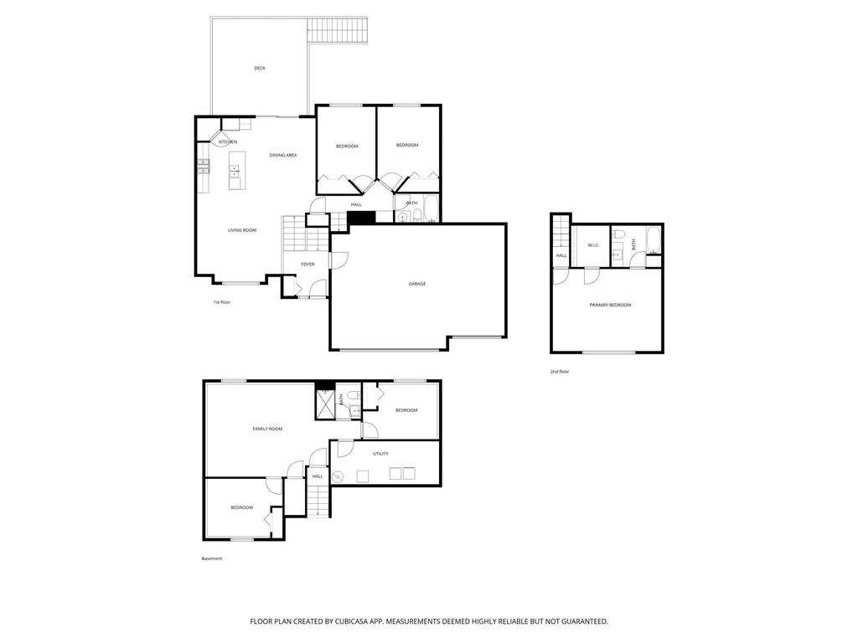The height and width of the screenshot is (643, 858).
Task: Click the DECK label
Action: coord(260,68)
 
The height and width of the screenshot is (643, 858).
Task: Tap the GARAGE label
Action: coord(417,284)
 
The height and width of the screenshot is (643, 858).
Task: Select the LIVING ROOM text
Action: coord(242,230)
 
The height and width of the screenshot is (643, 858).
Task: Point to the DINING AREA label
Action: coord(283,155)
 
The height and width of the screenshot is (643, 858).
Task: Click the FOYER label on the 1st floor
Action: coord(308,265)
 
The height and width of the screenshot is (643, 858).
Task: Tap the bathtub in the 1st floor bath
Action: coord(431,208)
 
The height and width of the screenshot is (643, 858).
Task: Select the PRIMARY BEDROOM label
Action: coord(610,305)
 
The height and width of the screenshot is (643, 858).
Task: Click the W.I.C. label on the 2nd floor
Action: coord(593,245)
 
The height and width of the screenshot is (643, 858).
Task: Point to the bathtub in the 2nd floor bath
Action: coord(654,241)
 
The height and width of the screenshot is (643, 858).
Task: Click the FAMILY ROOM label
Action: coord(267,429)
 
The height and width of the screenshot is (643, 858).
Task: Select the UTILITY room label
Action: coord(380,454)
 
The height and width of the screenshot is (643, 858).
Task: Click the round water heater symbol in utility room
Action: coord(338,477)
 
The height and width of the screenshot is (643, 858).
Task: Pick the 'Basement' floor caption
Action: coord(212,558)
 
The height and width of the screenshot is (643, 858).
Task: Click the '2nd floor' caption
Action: coord(559,371)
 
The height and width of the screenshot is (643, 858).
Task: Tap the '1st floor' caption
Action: coord(221,301)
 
